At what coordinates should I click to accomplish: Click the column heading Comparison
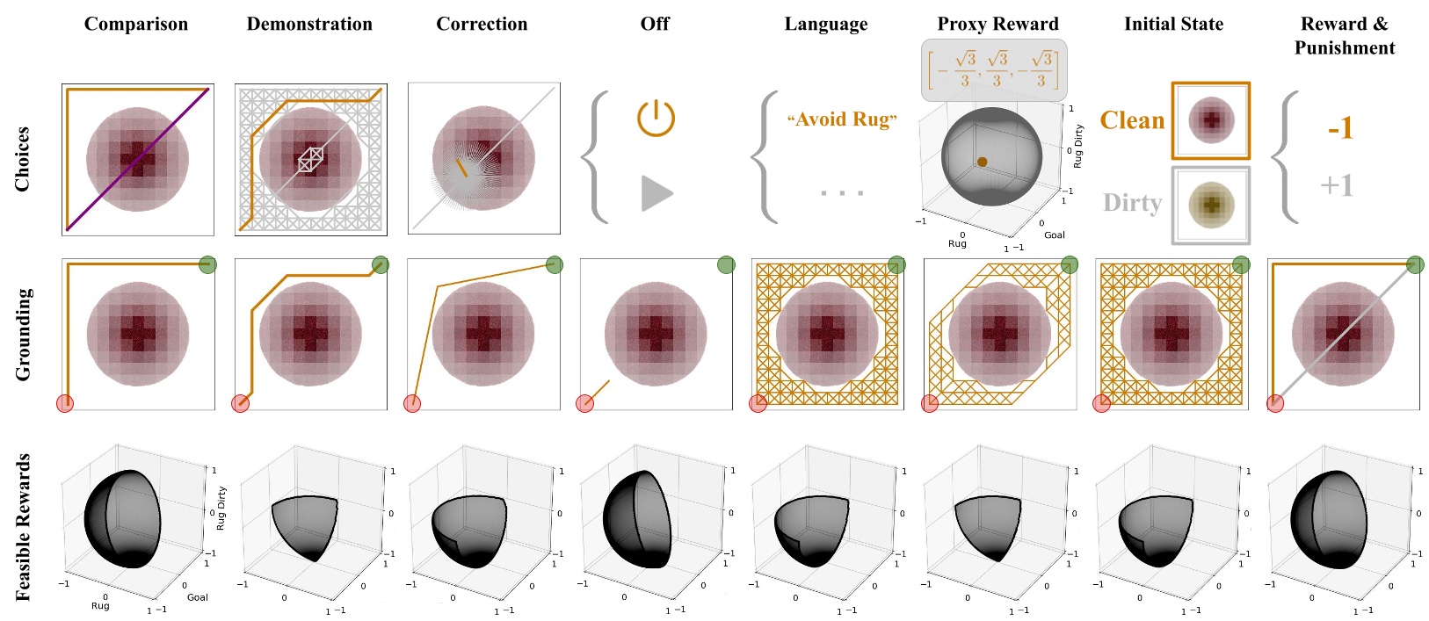(x=136, y=24)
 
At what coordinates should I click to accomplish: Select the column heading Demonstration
(x=309, y=24)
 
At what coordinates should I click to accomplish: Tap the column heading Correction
(x=482, y=24)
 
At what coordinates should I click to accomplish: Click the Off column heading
(x=655, y=24)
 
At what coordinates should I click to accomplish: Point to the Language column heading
(x=826, y=24)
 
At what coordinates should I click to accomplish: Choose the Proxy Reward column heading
(x=997, y=24)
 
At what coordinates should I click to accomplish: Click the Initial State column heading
(x=1173, y=24)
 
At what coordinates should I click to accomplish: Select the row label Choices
(x=22, y=159)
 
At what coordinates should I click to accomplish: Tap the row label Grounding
(x=22, y=335)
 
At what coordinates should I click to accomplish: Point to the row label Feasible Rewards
(x=22, y=527)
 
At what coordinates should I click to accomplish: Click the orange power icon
(x=656, y=118)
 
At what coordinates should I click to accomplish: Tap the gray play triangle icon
(x=656, y=193)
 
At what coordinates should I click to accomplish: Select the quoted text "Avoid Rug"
(x=842, y=119)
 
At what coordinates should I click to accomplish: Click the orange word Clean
(x=1132, y=120)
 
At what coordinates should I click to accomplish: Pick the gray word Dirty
(x=1132, y=203)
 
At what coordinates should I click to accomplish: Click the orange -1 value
(x=1339, y=129)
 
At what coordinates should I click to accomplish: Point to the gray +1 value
(x=1336, y=185)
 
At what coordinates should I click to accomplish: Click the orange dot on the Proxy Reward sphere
(x=982, y=162)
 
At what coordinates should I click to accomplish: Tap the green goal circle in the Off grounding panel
(x=726, y=264)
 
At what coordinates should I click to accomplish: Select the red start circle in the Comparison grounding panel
(x=64, y=403)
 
